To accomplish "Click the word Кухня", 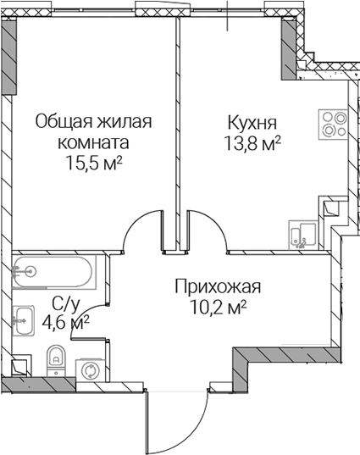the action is pyautogui.click(x=252, y=123).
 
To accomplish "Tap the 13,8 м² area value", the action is pyautogui.click(x=252, y=143).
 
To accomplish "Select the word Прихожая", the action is pyautogui.click(x=218, y=287).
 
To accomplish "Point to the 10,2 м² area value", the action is pyautogui.click(x=218, y=308).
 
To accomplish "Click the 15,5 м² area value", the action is pyautogui.click(x=94, y=163).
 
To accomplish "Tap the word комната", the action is pyautogui.click(x=93, y=142).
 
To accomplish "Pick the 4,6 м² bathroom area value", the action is pyautogui.click(x=65, y=321).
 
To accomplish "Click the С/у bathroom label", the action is pyautogui.click(x=65, y=303).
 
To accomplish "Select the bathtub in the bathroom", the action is pyautogui.click(x=54, y=272).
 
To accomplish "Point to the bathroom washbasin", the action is pyautogui.click(x=23, y=321).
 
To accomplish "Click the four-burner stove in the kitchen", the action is pyautogui.click(x=333, y=125).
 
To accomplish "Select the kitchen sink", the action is pyautogui.click(x=303, y=235).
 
